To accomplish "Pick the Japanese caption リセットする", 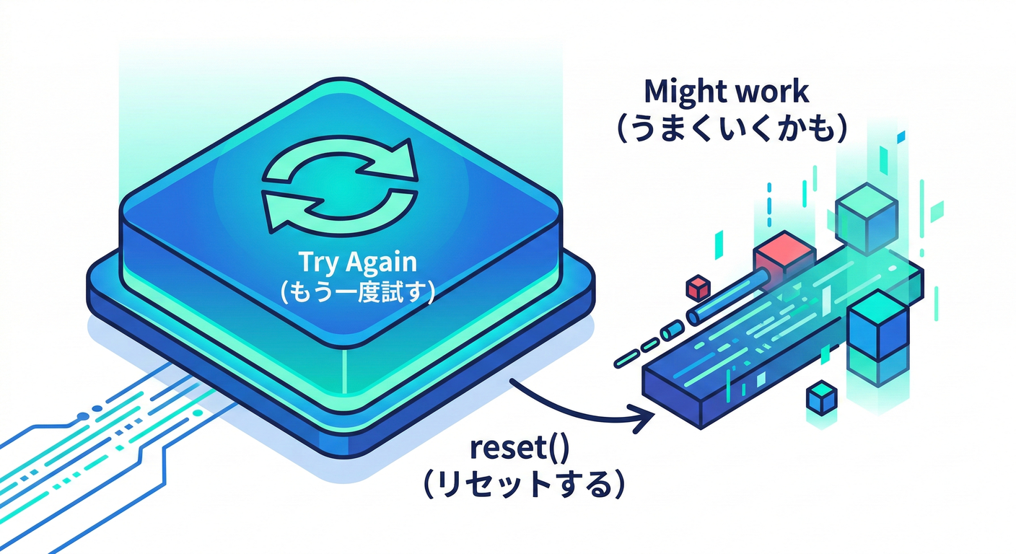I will pyautogui.click(x=522, y=484).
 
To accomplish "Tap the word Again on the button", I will pyautogui.click(x=369, y=265).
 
